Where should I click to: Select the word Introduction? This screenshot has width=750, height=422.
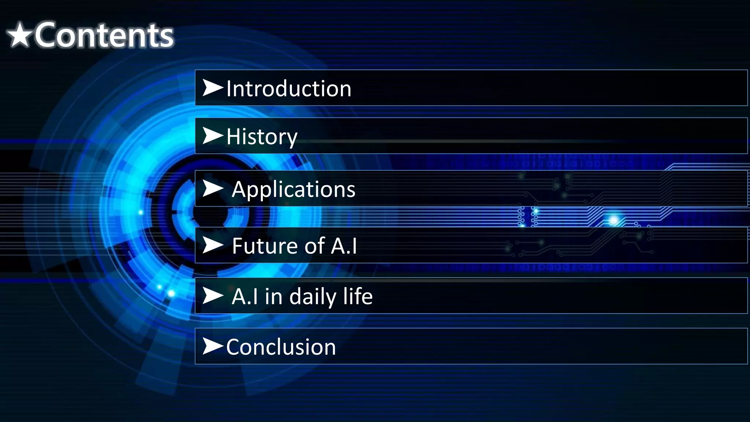(x=289, y=89)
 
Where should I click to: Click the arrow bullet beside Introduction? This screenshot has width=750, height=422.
(x=212, y=88)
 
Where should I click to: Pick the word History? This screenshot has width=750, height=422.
(x=261, y=137)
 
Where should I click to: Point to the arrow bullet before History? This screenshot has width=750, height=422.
(x=212, y=136)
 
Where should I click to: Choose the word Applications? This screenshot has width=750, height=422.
(x=293, y=189)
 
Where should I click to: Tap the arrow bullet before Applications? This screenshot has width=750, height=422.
(x=212, y=189)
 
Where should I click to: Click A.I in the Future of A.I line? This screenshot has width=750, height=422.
(x=344, y=245)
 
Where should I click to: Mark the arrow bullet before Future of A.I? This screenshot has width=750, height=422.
(x=212, y=245)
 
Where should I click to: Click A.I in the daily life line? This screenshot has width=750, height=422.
(x=245, y=296)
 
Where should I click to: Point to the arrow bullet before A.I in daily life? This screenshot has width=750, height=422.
(x=212, y=296)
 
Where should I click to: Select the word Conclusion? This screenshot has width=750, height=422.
(x=281, y=347)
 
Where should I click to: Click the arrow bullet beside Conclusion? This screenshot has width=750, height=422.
(x=212, y=346)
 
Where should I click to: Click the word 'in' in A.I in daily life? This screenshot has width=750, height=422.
(x=274, y=296)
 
